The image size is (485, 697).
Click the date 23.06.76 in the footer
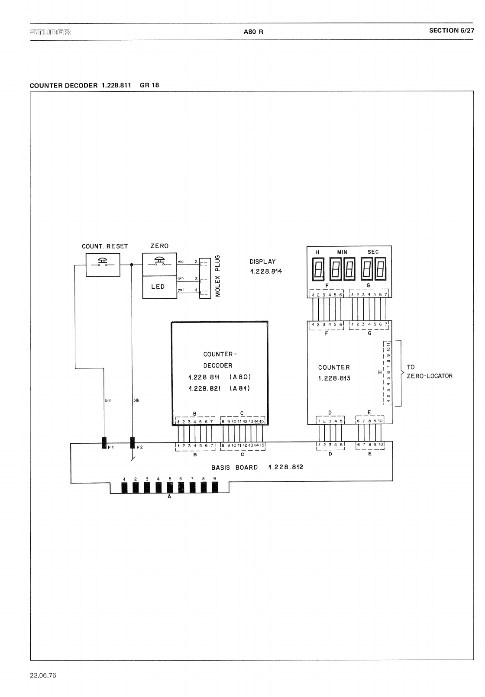coord(43,675)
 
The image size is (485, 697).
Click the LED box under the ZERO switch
coord(159,287)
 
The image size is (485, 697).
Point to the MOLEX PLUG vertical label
coord(218,276)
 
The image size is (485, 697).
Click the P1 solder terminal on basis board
coord(104,443)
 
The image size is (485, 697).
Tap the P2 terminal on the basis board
coord(133,443)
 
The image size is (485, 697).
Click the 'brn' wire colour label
coord(108,400)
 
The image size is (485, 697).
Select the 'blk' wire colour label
coord(136,400)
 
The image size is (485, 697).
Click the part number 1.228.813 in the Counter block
coord(334,378)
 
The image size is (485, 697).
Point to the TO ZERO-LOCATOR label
coord(429,371)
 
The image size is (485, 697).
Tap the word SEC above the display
coord(373,252)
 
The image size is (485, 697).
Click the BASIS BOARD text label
coord(234,468)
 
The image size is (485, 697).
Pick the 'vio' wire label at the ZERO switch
coord(181,262)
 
